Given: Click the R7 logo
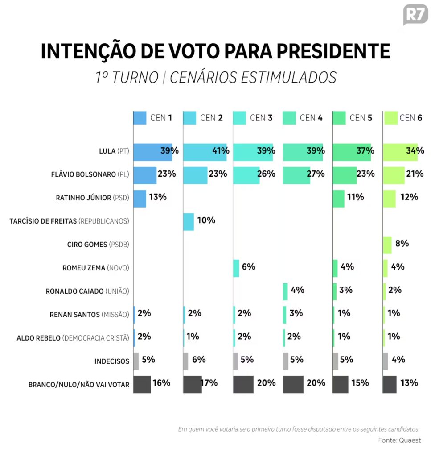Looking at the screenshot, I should (415, 15).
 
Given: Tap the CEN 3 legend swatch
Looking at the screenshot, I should (239, 118).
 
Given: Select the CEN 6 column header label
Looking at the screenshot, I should (410, 118).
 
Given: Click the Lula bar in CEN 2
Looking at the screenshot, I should (205, 152).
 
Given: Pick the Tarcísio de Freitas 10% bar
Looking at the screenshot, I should (189, 222).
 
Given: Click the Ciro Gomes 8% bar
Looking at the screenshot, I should (387, 245).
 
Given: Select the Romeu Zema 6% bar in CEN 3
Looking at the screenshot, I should (236, 268).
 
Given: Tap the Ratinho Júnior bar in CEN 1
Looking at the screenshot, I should (140, 199).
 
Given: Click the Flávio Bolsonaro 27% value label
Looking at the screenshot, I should (315, 174).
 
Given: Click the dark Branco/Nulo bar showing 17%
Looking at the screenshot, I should (193, 384).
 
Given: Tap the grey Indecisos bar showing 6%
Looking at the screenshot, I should (186, 361).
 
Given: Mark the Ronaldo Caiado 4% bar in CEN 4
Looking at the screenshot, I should (285, 291).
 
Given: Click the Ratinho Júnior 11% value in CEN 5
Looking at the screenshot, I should (355, 197).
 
